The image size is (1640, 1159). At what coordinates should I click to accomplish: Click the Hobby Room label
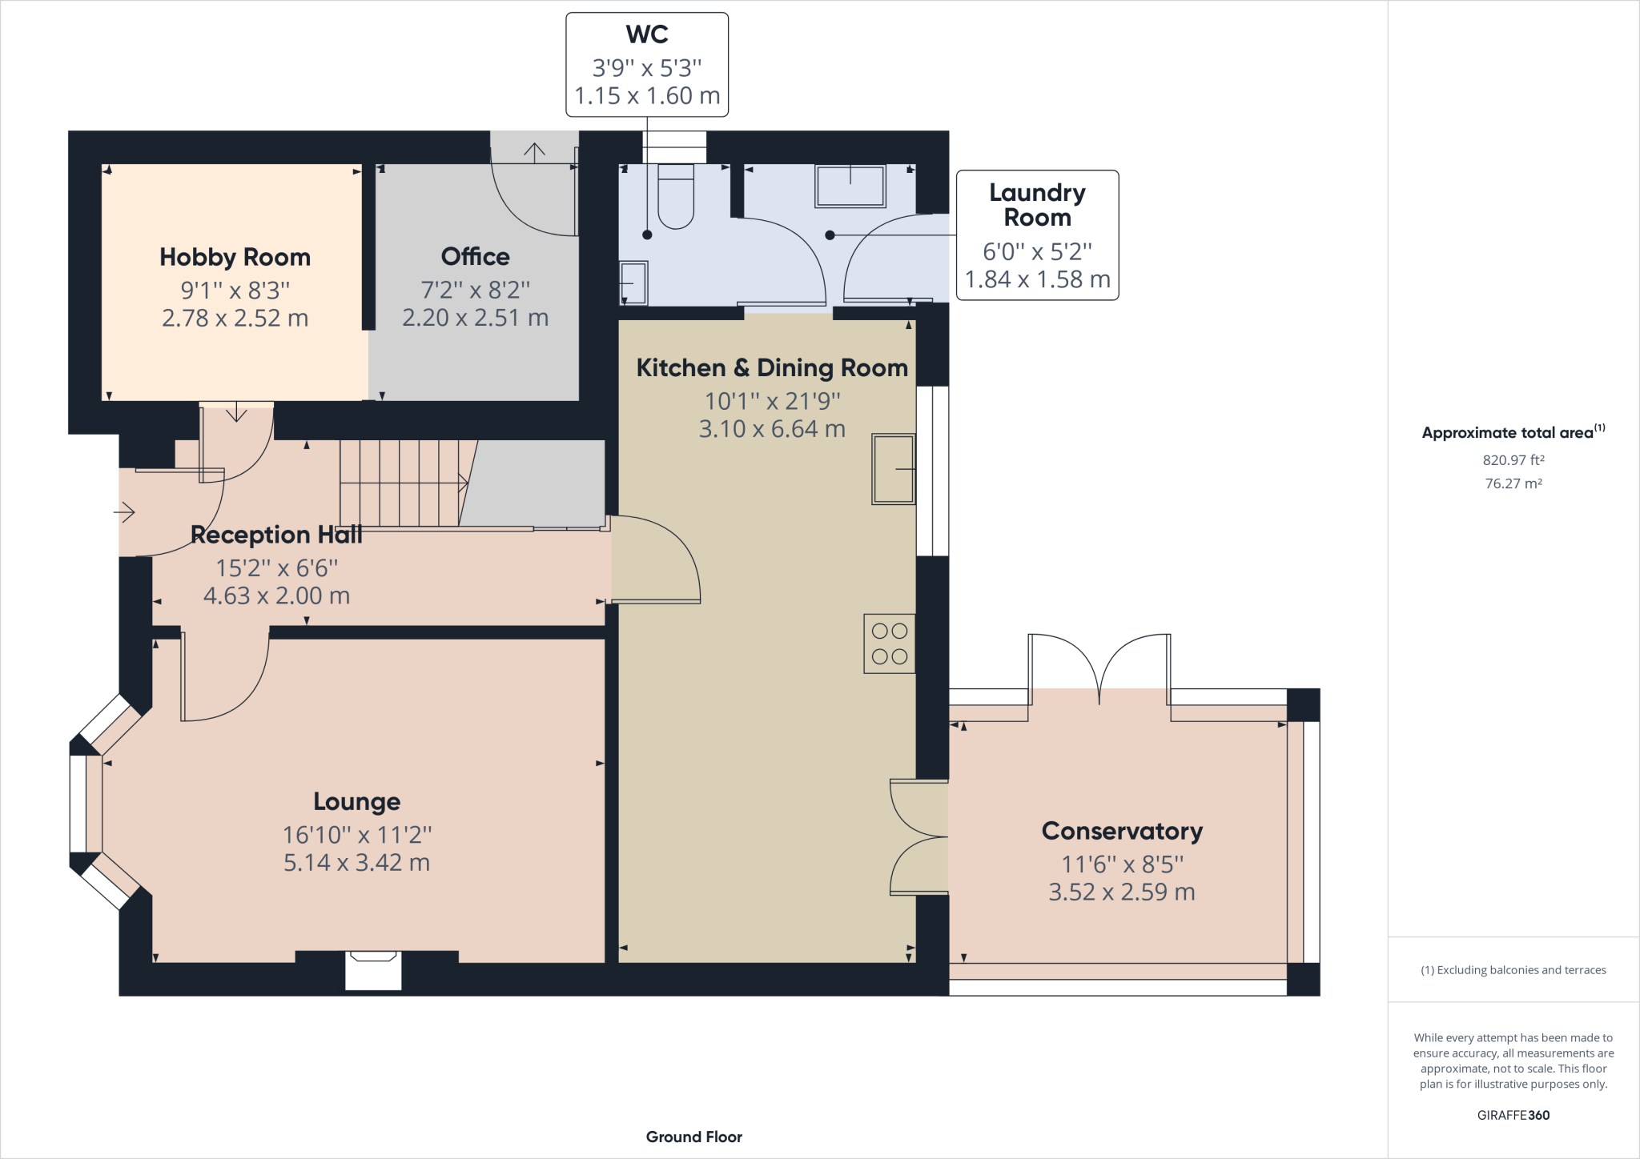235,257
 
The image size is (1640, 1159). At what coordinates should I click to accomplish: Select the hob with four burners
889,644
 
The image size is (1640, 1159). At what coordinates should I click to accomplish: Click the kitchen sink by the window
893,469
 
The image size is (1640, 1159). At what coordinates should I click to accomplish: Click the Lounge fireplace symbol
373,969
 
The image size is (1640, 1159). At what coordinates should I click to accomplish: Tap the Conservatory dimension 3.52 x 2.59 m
1121,892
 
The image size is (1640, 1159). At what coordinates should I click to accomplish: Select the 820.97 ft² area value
1513,460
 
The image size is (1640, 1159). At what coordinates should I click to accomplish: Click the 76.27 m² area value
1513,483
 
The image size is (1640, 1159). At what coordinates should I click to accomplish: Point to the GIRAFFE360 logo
1513,1115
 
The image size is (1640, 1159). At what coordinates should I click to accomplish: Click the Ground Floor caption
693,1137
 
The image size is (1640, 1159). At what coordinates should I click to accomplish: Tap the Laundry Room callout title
1037,205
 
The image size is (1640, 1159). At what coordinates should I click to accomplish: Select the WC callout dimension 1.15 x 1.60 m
647,96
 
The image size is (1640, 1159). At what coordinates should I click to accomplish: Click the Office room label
475,256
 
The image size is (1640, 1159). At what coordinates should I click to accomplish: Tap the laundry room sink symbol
850,186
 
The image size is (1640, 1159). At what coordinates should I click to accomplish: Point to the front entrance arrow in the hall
125,511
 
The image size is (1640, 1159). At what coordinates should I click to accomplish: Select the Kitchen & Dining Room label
772,367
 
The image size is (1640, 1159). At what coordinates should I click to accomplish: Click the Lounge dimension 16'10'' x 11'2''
356,835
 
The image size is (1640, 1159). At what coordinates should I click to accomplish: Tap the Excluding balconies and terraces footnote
1513,970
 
